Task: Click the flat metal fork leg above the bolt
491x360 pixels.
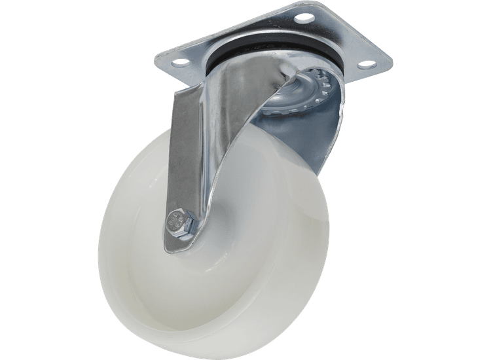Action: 190,151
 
